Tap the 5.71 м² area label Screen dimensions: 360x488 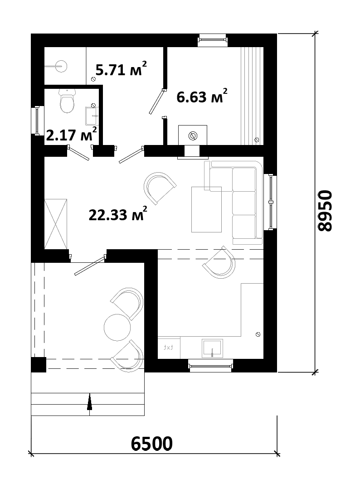(121, 69)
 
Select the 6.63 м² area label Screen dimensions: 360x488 (202, 96)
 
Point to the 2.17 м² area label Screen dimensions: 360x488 (71, 134)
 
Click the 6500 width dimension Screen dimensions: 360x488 (151, 443)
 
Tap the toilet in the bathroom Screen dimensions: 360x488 (67, 101)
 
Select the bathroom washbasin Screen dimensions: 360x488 (92, 115)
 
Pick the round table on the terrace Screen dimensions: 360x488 (117, 327)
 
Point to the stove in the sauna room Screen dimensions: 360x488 (192, 135)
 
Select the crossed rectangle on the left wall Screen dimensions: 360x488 (56, 224)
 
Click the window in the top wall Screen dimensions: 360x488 (213, 40)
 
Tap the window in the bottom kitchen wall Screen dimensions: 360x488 (211, 365)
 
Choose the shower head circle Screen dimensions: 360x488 (61, 66)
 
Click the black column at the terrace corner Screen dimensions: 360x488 (39, 365)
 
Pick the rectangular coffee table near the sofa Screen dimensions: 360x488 (206, 209)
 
